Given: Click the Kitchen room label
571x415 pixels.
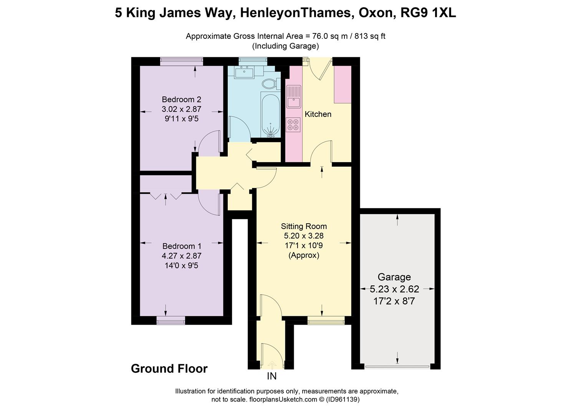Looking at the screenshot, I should pos(318,114).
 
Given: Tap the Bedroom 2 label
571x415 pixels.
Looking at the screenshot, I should pos(182,100).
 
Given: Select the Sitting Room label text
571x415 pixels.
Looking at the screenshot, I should pos(304,226).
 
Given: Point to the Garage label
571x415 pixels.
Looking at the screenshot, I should pos(394,277).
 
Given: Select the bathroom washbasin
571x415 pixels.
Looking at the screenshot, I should pos(243,72).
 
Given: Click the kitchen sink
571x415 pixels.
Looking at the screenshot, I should pos(294,96).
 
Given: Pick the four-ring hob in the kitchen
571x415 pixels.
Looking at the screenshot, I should pos(293,124).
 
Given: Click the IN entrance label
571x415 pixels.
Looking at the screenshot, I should pos(271,376).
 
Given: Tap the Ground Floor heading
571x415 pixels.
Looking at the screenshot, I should pos(169,369).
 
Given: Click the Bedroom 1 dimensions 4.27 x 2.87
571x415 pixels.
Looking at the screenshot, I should pos(182,256).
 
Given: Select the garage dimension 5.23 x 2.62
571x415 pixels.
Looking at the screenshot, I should pos(394,289).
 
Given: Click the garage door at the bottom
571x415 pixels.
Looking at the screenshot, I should pos(397,366).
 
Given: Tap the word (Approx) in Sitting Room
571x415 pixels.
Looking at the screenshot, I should pos(304,255).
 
